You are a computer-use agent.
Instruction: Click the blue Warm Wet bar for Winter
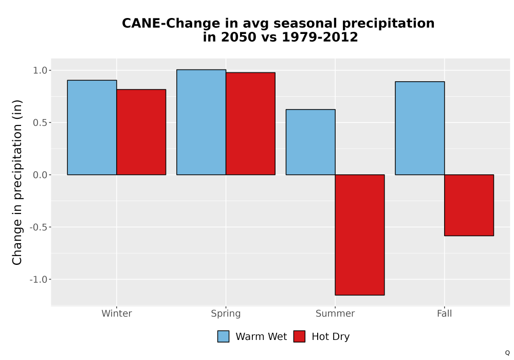click(92, 127)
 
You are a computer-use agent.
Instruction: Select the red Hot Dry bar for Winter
click(141, 132)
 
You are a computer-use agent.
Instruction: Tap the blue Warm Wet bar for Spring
click(201, 122)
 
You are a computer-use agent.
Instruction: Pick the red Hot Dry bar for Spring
click(250, 123)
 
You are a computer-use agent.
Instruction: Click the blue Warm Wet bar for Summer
click(310, 142)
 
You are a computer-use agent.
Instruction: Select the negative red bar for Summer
click(360, 235)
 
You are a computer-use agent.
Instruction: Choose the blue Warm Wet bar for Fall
click(420, 128)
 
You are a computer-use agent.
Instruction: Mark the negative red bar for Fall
click(469, 205)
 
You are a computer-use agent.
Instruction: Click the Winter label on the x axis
click(117, 313)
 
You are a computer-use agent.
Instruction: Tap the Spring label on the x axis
click(226, 314)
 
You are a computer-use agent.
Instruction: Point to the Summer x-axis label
click(335, 313)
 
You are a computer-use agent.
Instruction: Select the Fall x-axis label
click(445, 313)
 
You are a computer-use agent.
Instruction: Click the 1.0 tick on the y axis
click(40, 70)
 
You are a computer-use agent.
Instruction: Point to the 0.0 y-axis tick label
click(40, 175)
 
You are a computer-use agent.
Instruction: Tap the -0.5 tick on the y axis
click(39, 227)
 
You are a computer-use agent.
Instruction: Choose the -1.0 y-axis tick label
click(39, 279)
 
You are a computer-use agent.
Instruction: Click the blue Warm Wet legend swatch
click(223, 336)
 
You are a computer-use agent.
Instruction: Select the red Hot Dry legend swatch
click(299, 336)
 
